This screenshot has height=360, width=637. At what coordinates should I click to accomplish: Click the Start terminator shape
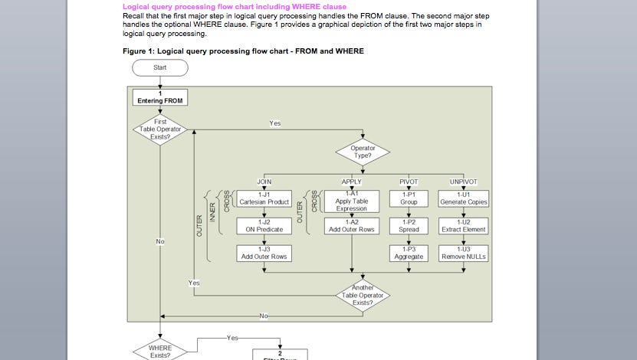pos(159,67)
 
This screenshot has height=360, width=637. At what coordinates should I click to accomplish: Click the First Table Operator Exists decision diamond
pos(159,129)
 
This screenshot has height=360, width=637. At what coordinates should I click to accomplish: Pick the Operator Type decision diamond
pos(363,151)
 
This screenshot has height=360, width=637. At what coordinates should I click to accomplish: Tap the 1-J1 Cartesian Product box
pos(264,198)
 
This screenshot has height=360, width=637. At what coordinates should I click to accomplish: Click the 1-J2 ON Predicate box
pos(264,226)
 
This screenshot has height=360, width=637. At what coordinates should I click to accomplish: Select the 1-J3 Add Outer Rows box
pos(264,253)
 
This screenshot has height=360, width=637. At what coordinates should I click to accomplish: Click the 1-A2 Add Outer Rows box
pos(351,226)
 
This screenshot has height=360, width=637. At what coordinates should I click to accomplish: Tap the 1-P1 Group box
pos(409,198)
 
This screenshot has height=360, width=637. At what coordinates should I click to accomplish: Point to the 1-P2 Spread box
pos(409,226)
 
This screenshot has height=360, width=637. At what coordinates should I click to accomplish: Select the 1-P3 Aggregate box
pos(409,253)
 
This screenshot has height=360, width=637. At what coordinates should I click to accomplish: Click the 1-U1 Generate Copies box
pos(463,198)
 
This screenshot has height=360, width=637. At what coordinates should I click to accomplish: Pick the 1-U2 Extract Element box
pos(463,226)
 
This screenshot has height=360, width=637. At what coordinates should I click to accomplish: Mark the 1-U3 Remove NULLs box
pos(463,253)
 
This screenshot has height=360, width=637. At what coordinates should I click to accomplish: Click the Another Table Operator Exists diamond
pos(363,295)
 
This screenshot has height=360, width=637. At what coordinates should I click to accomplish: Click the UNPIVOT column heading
pos(463,182)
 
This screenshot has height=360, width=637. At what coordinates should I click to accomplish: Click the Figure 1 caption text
pos(243,51)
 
